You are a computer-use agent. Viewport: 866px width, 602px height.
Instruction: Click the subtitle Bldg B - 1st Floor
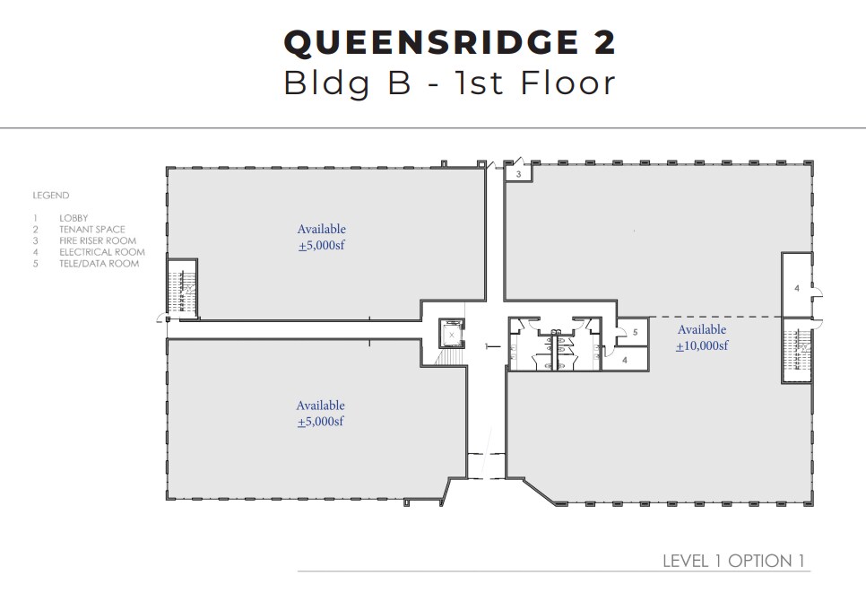point(449,83)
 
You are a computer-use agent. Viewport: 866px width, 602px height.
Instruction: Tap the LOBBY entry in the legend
point(74,218)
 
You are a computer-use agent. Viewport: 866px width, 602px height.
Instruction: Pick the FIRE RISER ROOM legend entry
point(98,240)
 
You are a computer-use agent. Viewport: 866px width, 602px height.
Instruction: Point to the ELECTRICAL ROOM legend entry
point(101,252)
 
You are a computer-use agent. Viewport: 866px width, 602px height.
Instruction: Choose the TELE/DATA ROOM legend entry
point(99,264)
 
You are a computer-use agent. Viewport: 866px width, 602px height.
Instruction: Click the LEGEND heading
point(51,195)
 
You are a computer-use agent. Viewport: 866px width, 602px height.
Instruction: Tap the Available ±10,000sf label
point(701,338)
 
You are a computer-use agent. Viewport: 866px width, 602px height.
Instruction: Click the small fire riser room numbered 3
point(519,174)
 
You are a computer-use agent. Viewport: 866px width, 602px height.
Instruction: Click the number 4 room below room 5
point(625,359)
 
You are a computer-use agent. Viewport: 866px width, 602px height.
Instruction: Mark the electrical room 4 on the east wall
point(796,287)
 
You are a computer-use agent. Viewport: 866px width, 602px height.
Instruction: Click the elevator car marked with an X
point(452,334)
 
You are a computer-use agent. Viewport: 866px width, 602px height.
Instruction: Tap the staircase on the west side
point(183,288)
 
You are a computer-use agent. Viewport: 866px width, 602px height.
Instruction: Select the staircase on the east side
point(796,350)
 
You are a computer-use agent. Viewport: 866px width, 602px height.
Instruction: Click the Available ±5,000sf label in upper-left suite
point(321,238)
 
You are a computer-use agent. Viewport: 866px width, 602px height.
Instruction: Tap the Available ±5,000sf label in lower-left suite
point(320,414)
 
